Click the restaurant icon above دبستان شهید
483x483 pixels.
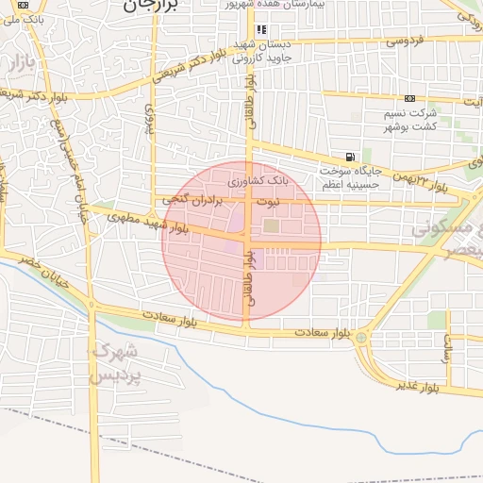(261, 29)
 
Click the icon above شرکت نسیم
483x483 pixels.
(408, 98)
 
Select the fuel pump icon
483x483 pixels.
(351, 157)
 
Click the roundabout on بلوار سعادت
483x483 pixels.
(361, 337)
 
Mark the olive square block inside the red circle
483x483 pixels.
(272, 225)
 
